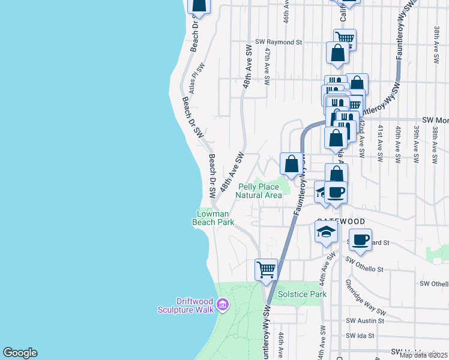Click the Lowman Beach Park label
[x=213, y=218]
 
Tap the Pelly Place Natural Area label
[x=259, y=191]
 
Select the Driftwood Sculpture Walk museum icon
[x=223, y=305]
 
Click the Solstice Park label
[x=302, y=294]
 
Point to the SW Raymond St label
[x=278, y=42]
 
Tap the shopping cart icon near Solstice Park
[x=266, y=269]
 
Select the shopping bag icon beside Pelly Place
[x=291, y=163]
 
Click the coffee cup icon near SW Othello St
[x=360, y=239]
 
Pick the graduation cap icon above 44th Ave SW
[x=326, y=232]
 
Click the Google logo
[x=20, y=353]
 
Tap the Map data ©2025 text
[x=423, y=355]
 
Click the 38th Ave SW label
[x=436, y=37]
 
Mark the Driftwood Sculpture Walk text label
[x=187, y=305]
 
